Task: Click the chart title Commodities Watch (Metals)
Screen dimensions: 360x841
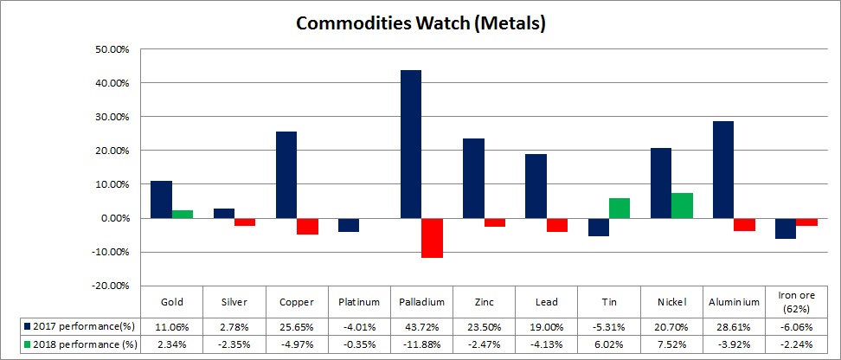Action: (x=420, y=22)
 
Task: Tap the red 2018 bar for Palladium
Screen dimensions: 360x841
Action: (x=432, y=238)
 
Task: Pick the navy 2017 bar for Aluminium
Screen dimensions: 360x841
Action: (x=722, y=170)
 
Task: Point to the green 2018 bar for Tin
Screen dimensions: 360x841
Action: (x=619, y=208)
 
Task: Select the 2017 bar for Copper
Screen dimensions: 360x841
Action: (x=286, y=175)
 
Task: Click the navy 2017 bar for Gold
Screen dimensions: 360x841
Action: (x=161, y=199)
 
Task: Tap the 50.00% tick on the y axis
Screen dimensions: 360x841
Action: (x=112, y=49)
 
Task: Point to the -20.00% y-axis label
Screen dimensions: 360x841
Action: (x=110, y=286)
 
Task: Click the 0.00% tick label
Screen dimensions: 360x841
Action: (x=114, y=218)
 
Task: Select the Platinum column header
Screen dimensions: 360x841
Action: (x=359, y=302)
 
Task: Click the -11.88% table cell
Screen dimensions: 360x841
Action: (x=421, y=344)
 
